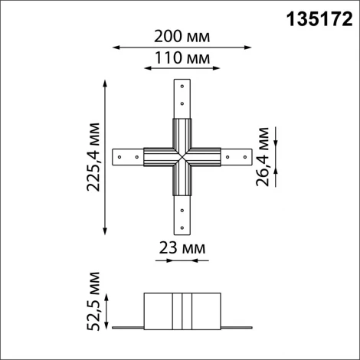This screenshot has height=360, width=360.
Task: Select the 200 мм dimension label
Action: pos(182,36)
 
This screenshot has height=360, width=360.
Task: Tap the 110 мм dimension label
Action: pos(182,58)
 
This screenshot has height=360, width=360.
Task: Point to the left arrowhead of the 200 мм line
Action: pos(116,47)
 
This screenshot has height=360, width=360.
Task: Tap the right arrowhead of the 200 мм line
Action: pos(250,47)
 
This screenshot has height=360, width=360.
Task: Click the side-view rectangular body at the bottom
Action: pos(182,309)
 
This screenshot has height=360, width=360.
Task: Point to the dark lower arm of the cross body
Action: pos(182,181)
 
